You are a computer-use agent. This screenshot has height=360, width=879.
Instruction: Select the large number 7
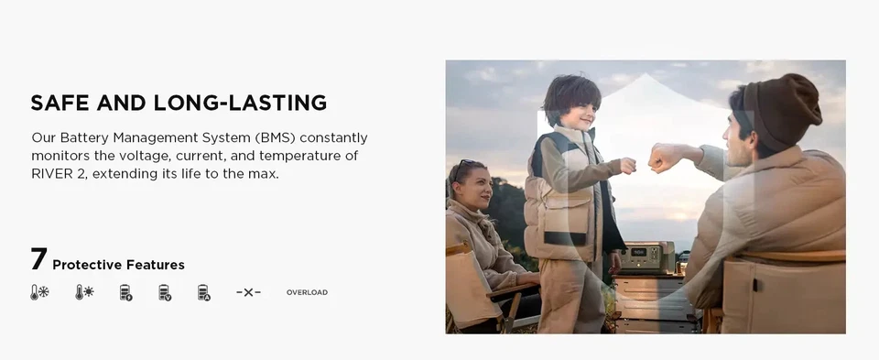38,259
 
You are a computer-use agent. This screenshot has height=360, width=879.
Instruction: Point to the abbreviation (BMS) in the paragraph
273,138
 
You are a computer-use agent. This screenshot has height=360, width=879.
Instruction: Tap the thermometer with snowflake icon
39,292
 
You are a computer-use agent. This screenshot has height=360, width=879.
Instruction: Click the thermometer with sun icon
84,292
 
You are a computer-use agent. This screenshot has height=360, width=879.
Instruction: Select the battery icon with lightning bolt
126,293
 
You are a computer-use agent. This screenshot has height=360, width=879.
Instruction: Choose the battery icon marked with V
165,293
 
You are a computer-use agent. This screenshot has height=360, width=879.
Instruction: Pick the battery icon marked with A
204,293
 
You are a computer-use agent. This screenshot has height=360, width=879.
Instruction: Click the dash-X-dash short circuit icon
248,292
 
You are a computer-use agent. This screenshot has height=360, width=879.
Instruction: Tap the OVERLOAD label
308,292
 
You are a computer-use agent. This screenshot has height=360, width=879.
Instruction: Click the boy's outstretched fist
628,166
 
